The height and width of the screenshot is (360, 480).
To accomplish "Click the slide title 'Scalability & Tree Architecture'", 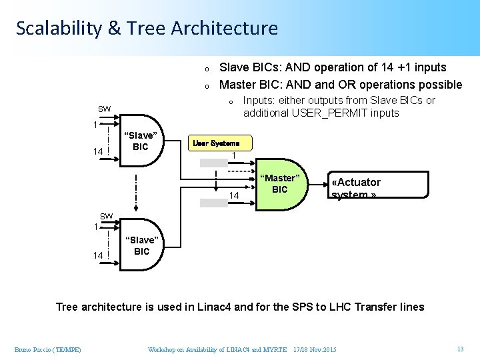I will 147,28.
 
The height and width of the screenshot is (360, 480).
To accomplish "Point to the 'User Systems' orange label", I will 221,143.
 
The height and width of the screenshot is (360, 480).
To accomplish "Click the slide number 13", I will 460,349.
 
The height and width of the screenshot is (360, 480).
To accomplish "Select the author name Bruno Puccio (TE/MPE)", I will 47,350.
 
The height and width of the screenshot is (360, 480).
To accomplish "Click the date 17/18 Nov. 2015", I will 315,350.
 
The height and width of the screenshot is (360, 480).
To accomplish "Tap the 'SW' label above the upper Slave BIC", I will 105,109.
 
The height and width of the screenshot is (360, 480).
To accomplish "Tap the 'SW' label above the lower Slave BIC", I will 106,216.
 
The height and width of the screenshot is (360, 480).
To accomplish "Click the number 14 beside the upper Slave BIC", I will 97,152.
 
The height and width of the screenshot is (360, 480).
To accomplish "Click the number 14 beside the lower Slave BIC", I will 97,255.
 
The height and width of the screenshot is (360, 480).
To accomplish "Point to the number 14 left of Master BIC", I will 234,195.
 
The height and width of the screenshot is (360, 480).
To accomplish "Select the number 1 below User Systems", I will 234,156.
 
